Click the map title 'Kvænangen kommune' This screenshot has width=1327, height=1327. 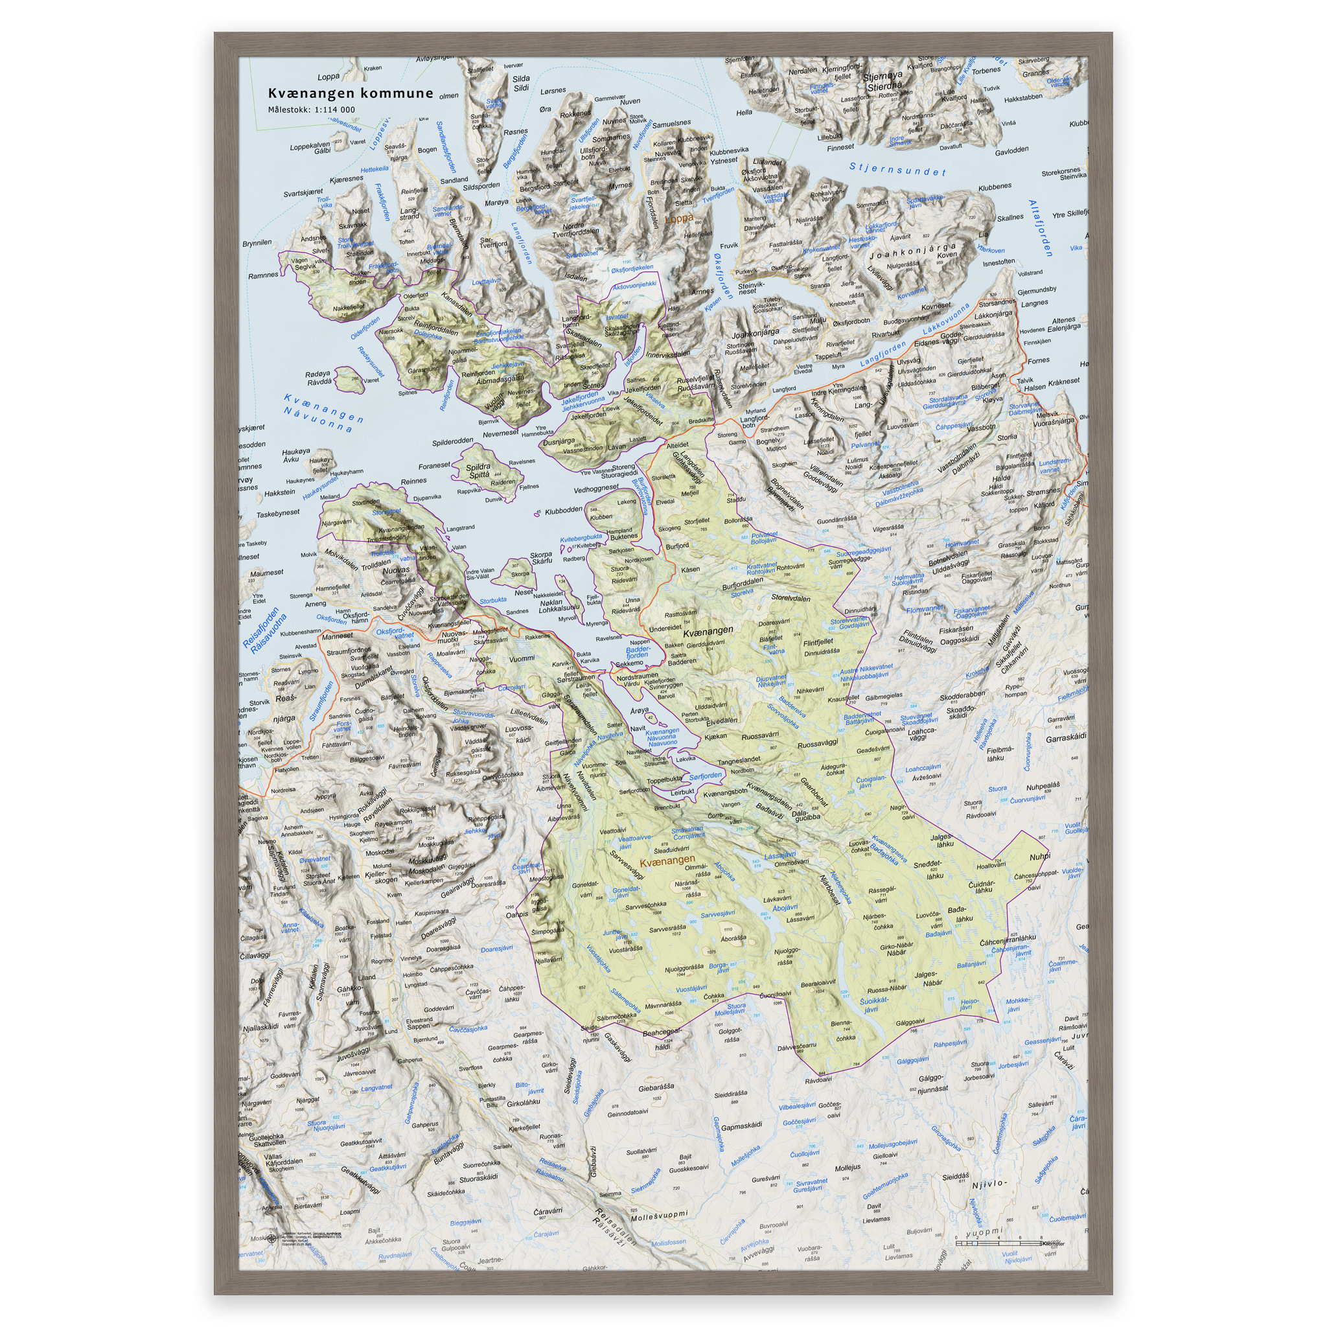click(351, 93)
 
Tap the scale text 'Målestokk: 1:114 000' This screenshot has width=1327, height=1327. click(311, 110)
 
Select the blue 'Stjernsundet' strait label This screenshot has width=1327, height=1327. click(897, 169)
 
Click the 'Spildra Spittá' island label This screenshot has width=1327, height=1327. click(478, 470)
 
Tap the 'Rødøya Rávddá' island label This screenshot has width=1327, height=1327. click(319, 378)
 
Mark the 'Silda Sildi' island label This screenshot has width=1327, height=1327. click(522, 83)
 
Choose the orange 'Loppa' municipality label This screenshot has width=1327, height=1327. click(679, 220)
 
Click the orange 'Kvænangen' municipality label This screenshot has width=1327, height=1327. click(667, 859)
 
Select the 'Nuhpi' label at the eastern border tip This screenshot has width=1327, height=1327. click(1040, 857)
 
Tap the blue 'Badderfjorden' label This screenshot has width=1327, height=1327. click(638, 652)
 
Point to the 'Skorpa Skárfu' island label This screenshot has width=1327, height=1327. click(541, 558)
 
